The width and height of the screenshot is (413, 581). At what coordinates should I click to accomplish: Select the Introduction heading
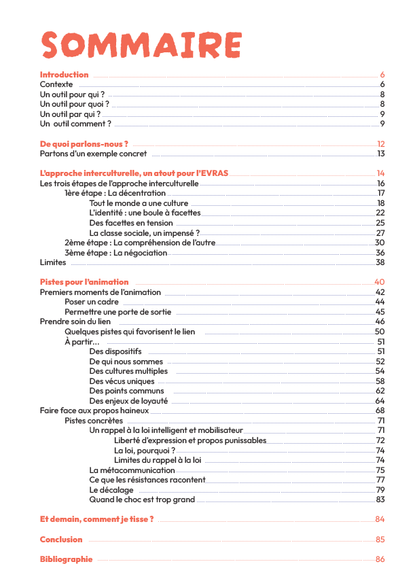[64, 75]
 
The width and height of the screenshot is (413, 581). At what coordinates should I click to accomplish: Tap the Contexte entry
[56, 84]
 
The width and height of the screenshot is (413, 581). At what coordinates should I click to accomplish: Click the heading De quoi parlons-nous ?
[84, 144]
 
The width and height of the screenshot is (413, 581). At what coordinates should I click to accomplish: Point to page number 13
[381, 154]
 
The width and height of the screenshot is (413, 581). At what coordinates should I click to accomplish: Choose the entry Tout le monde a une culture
[139, 203]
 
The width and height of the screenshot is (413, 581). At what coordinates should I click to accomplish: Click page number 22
[380, 213]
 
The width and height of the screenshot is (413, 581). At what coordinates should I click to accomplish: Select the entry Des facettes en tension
[131, 223]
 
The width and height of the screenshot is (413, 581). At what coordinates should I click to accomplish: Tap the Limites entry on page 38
[53, 262]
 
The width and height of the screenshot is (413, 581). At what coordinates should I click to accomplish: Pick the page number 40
[380, 282]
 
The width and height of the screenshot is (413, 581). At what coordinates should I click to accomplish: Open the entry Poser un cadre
[92, 302]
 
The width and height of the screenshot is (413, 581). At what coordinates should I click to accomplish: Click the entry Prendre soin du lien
[75, 321]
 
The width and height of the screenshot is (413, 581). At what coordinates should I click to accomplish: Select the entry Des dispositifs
[115, 351]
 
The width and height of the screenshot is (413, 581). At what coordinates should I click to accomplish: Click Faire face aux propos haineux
[94, 410]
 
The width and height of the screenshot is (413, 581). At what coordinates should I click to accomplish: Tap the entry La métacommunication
[132, 470]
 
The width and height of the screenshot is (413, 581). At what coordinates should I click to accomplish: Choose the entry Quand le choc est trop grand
[142, 499]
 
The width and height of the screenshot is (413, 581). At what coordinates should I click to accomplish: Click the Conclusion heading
[61, 540]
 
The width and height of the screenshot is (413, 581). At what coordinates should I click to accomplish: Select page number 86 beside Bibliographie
[380, 559]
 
